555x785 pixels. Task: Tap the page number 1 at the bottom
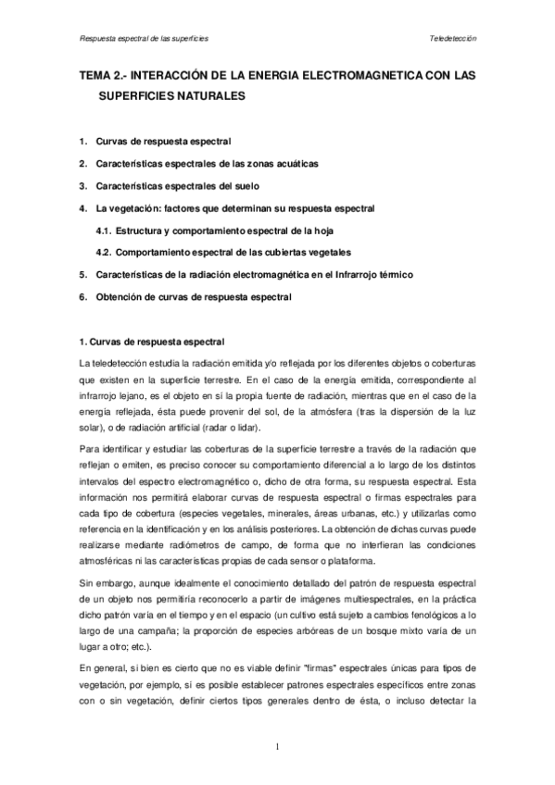click(277, 746)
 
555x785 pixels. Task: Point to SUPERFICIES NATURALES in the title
click(170, 96)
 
